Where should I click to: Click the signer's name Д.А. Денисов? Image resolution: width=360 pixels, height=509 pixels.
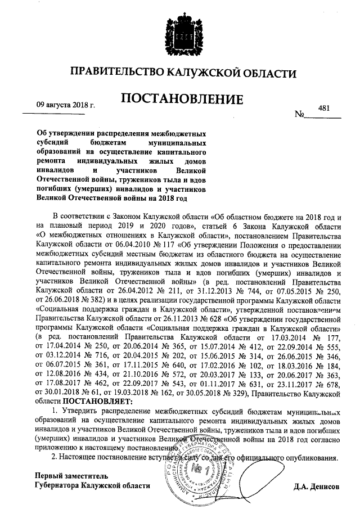tap(317, 485)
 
